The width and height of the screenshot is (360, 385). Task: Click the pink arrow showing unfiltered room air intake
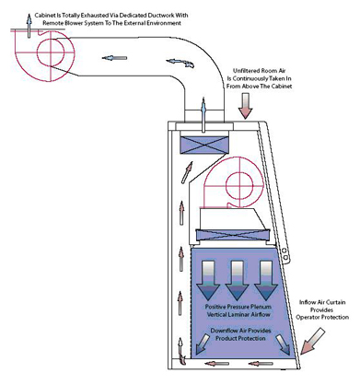tap(246, 106)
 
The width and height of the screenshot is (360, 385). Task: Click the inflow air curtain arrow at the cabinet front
tap(312, 341)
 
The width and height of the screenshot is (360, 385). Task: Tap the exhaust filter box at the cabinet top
tap(204, 145)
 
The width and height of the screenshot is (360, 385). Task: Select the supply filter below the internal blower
tap(233, 236)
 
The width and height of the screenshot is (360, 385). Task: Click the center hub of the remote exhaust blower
tap(51, 52)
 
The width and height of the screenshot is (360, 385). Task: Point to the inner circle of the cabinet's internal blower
tap(239, 185)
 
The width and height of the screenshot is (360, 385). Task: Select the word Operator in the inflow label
tap(307, 318)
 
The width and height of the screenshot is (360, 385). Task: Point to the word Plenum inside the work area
tap(261, 307)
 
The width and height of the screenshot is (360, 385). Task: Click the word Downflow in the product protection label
tap(223, 331)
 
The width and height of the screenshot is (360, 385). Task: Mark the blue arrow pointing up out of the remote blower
tap(29, 26)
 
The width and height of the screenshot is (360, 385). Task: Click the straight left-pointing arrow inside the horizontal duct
tap(114, 58)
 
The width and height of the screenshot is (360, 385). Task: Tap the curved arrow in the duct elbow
tap(180, 63)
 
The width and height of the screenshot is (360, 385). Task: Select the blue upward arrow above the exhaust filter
tap(203, 115)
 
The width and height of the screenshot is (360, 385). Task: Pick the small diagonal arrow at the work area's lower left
tap(201, 344)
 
